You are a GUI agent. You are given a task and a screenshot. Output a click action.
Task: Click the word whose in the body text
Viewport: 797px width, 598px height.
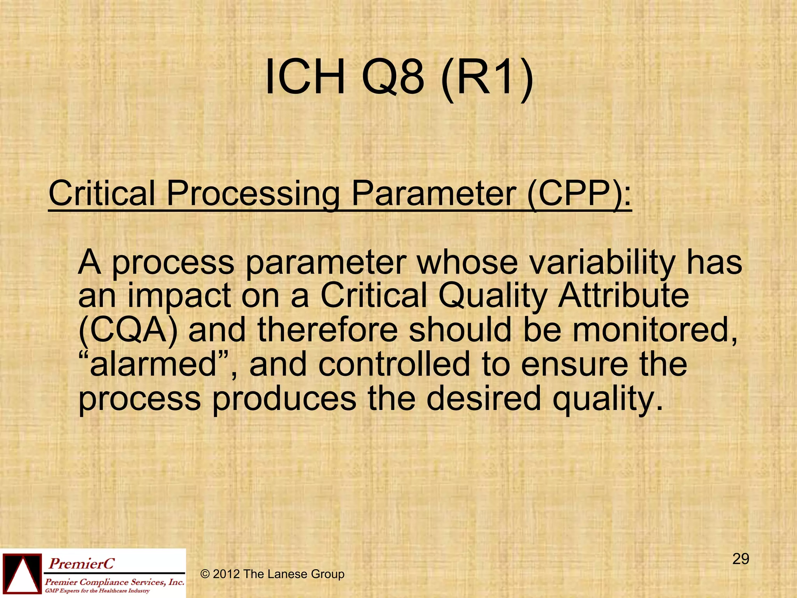tap(467, 262)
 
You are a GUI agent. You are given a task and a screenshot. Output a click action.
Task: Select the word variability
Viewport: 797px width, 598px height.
tap(602, 262)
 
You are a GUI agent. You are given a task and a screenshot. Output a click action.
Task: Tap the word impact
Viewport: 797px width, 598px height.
tap(179, 296)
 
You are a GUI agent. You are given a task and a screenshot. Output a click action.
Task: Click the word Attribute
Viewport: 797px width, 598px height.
tap(623, 296)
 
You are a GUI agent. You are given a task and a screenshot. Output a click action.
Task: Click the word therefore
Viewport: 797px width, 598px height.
tap(327, 330)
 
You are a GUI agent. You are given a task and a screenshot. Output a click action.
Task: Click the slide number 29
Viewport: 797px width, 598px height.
tap(741, 559)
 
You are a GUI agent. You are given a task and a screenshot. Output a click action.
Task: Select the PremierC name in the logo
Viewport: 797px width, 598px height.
tap(81, 563)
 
